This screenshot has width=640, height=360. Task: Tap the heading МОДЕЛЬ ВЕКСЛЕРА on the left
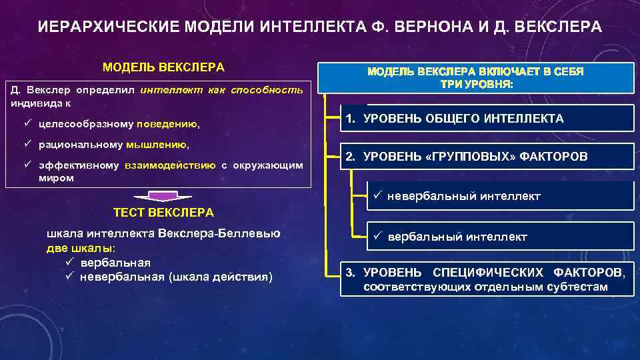163,67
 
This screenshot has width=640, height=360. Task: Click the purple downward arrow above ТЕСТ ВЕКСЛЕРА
163,196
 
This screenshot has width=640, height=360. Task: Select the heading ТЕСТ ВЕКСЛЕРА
163,213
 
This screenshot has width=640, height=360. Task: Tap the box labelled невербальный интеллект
500,196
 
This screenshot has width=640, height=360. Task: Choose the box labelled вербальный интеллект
500,236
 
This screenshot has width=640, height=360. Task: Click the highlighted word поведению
167,124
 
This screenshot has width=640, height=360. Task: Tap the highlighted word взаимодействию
170,165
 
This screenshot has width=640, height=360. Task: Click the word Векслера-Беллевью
219,234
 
